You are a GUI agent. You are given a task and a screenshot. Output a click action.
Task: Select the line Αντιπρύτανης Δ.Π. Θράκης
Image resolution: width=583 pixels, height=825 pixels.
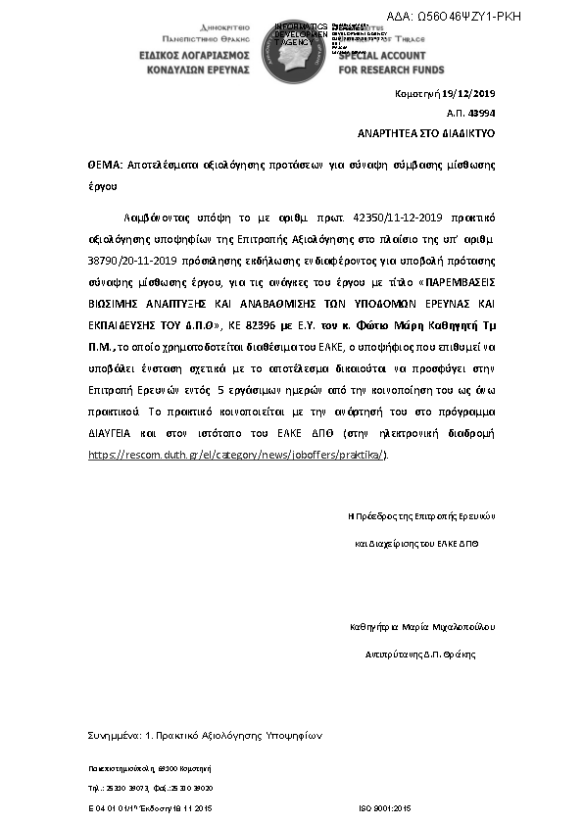coord(426,652)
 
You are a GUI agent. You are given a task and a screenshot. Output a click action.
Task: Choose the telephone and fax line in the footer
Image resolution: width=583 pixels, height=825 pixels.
coord(150,788)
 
